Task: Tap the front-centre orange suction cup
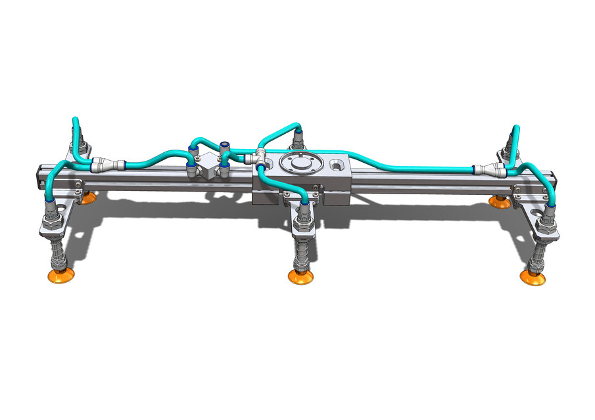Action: pyautogui.click(x=300, y=278)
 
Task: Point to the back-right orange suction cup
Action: pyautogui.click(x=500, y=201)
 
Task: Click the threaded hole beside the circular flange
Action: pyautogui.click(x=337, y=163)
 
